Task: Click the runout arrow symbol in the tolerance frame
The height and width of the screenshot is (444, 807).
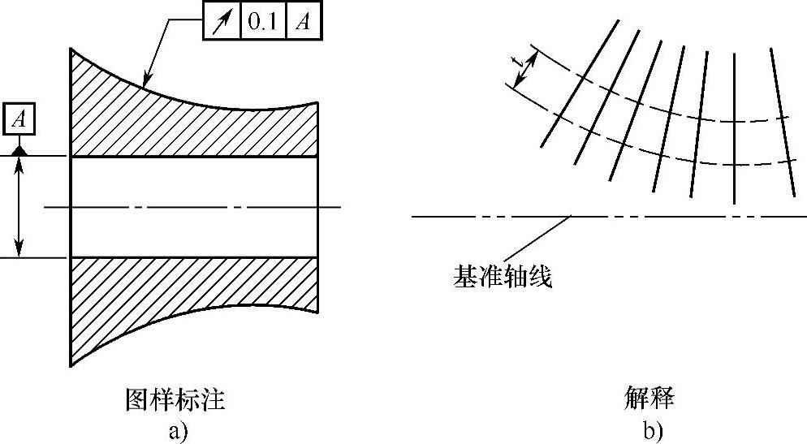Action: pyautogui.click(x=220, y=23)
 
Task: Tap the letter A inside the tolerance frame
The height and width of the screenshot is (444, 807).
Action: pyautogui.click(x=302, y=23)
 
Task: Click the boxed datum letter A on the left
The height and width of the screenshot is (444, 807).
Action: pyautogui.click(x=20, y=119)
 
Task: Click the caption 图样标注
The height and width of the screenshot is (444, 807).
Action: pyautogui.click(x=175, y=399)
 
